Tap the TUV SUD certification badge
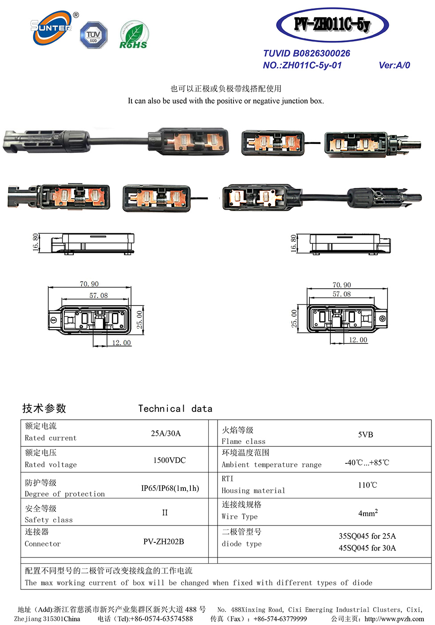point(93,35)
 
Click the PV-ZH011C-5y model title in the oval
point(332,24)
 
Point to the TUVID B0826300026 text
point(306,53)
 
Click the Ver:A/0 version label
point(394,65)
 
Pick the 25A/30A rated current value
point(166,433)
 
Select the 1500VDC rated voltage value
point(169,460)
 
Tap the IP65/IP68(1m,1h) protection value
point(170,488)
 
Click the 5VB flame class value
point(365,434)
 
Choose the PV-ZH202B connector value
point(163,541)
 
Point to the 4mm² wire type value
point(368,513)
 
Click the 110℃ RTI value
point(368,485)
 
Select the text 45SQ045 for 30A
point(367,548)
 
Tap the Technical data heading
point(175,409)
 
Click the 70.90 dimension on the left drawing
point(89,284)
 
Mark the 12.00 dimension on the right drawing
point(358,340)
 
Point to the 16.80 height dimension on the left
point(36,242)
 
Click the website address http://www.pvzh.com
point(394,619)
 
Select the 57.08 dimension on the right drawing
point(342,294)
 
